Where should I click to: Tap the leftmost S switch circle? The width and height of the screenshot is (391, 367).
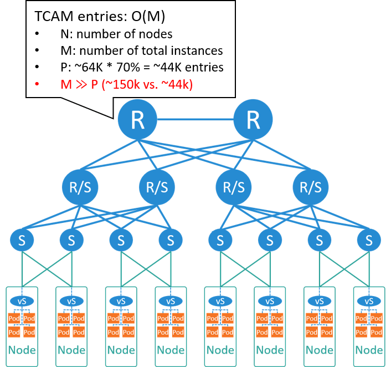pos(22,241)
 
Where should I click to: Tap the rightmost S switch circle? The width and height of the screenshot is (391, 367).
pos(369,241)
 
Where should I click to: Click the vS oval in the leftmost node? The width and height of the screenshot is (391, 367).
pos(22,300)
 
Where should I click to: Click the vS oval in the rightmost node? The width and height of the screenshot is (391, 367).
pos(369,300)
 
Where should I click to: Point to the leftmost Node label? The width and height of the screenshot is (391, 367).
pos(22,350)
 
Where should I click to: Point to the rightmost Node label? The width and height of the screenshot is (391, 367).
pos(369,350)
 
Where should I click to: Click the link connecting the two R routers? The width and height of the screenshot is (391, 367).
pos(195,120)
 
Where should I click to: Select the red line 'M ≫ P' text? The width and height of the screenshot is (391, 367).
pos(126,84)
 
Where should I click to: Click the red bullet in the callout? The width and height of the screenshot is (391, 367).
pos(37,84)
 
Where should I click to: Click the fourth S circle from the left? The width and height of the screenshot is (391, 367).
pos(171,241)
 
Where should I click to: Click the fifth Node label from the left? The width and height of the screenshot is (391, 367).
pos(220,350)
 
